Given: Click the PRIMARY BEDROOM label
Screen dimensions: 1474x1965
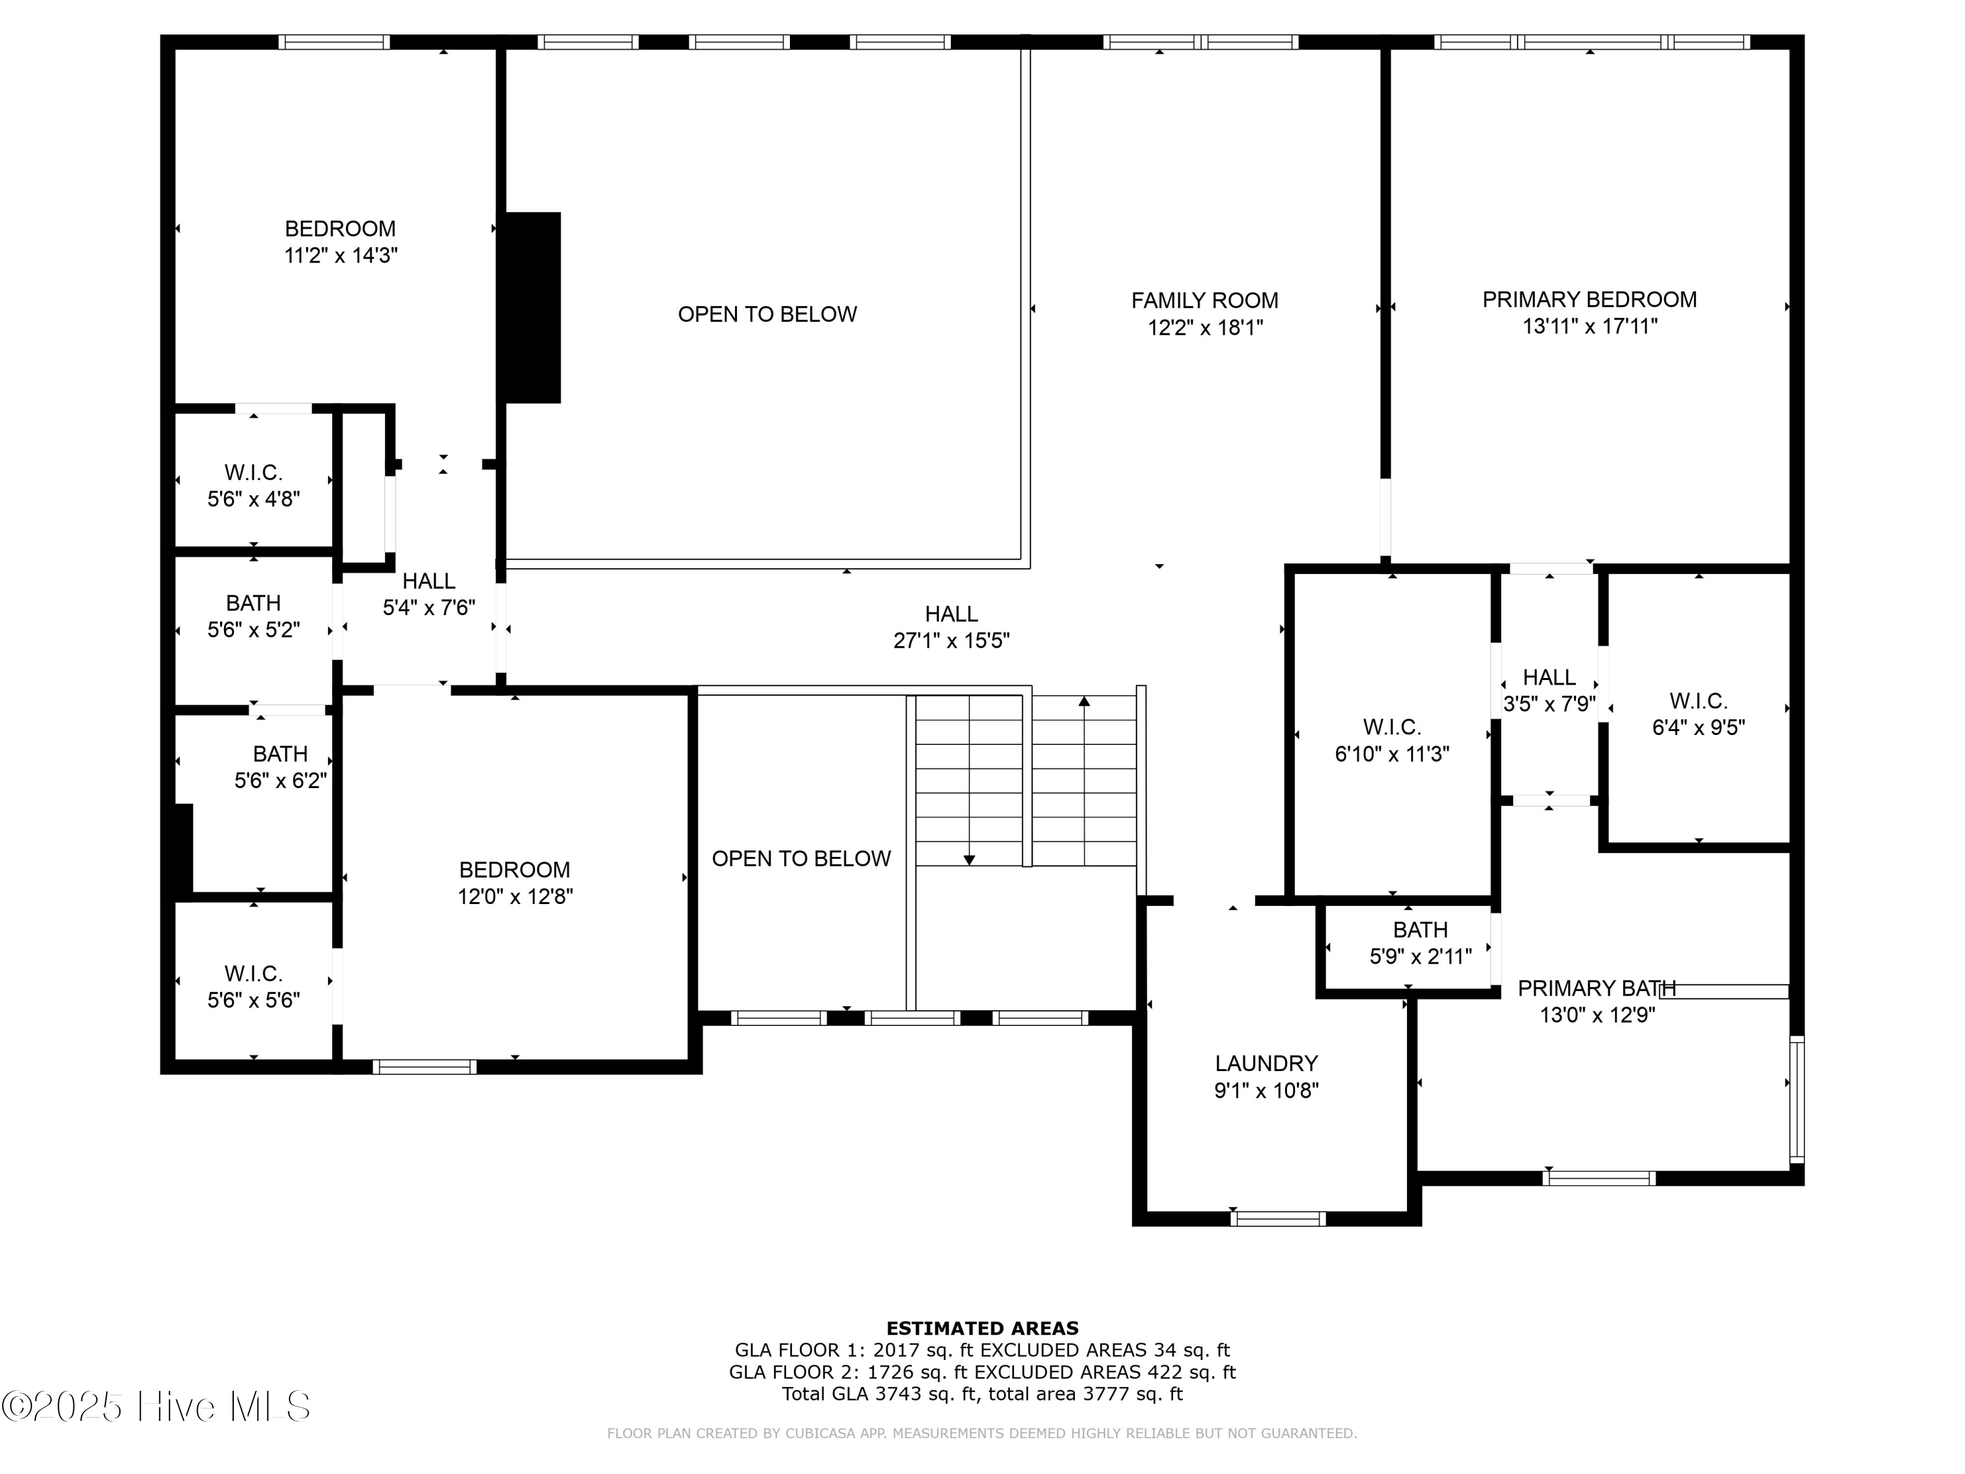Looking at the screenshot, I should pyautogui.click(x=1588, y=299).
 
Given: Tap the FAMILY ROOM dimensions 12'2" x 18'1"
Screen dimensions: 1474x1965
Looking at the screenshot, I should pyautogui.click(x=1205, y=328).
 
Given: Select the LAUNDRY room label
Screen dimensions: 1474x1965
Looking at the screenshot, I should pyautogui.click(x=1266, y=1063).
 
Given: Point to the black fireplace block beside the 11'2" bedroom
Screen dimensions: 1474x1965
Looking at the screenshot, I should pyautogui.click(x=532, y=307).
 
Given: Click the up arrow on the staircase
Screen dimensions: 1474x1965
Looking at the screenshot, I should pyautogui.click(x=1084, y=702).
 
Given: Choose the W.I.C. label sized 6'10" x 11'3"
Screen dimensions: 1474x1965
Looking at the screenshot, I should pyautogui.click(x=1391, y=727).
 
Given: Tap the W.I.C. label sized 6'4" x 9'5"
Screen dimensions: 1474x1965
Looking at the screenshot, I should pyautogui.click(x=1698, y=701).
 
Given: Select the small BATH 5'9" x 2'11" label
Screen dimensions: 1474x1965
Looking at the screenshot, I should pyautogui.click(x=1419, y=930).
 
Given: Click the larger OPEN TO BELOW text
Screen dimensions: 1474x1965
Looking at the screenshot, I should pyautogui.click(x=766, y=314).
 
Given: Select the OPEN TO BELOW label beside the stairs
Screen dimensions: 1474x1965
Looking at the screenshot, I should pyautogui.click(x=800, y=858).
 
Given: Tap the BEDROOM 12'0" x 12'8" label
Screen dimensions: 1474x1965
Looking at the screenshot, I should pyautogui.click(x=514, y=870).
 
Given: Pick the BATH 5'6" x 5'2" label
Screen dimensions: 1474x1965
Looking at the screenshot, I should pyautogui.click(x=253, y=603).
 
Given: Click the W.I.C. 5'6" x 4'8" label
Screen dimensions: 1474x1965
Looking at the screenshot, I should pyautogui.click(x=253, y=473).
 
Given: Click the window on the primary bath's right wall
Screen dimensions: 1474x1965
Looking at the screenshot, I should pyautogui.click(x=1796, y=1099).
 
